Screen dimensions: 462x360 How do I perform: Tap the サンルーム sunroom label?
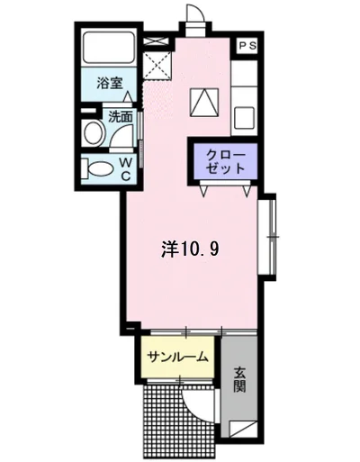178,356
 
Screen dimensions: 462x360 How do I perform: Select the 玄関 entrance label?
238,379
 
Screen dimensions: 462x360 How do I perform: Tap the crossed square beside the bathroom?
158,61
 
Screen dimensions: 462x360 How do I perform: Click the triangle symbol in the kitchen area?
205,103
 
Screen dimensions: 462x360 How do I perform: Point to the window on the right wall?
267,235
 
